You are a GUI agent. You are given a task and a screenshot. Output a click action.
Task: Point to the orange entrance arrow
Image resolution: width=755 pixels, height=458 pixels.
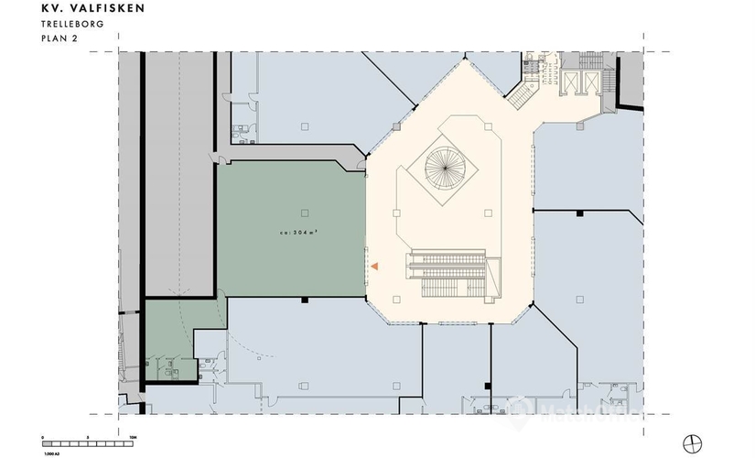(x=374, y=266)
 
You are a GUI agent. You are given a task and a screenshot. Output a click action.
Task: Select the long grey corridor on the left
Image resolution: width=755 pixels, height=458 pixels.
(x=179, y=174)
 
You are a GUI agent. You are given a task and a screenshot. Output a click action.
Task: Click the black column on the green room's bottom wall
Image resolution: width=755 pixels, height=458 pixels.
(x=303, y=300)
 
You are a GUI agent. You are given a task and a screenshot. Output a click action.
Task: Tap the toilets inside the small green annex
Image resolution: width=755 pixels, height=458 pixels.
(x=168, y=367)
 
